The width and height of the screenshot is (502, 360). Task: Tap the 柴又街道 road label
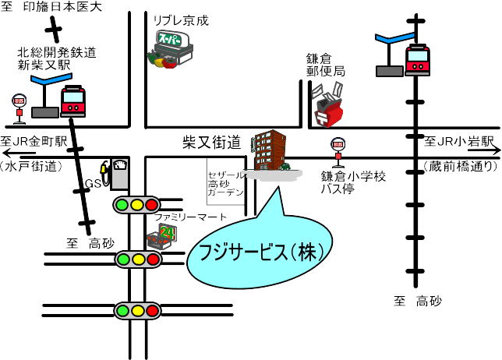coord(213,143)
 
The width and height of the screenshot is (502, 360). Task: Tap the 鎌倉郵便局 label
coord(325,65)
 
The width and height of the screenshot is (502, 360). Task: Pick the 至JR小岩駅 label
coord(459,142)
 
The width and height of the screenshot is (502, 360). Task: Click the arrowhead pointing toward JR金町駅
coord(6,155)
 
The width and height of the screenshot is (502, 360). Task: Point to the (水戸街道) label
coord(31,166)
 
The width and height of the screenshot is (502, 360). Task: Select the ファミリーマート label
coord(191,216)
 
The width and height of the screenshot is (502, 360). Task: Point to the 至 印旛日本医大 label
coord(53,9)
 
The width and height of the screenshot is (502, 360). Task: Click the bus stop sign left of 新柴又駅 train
coord(18,108)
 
